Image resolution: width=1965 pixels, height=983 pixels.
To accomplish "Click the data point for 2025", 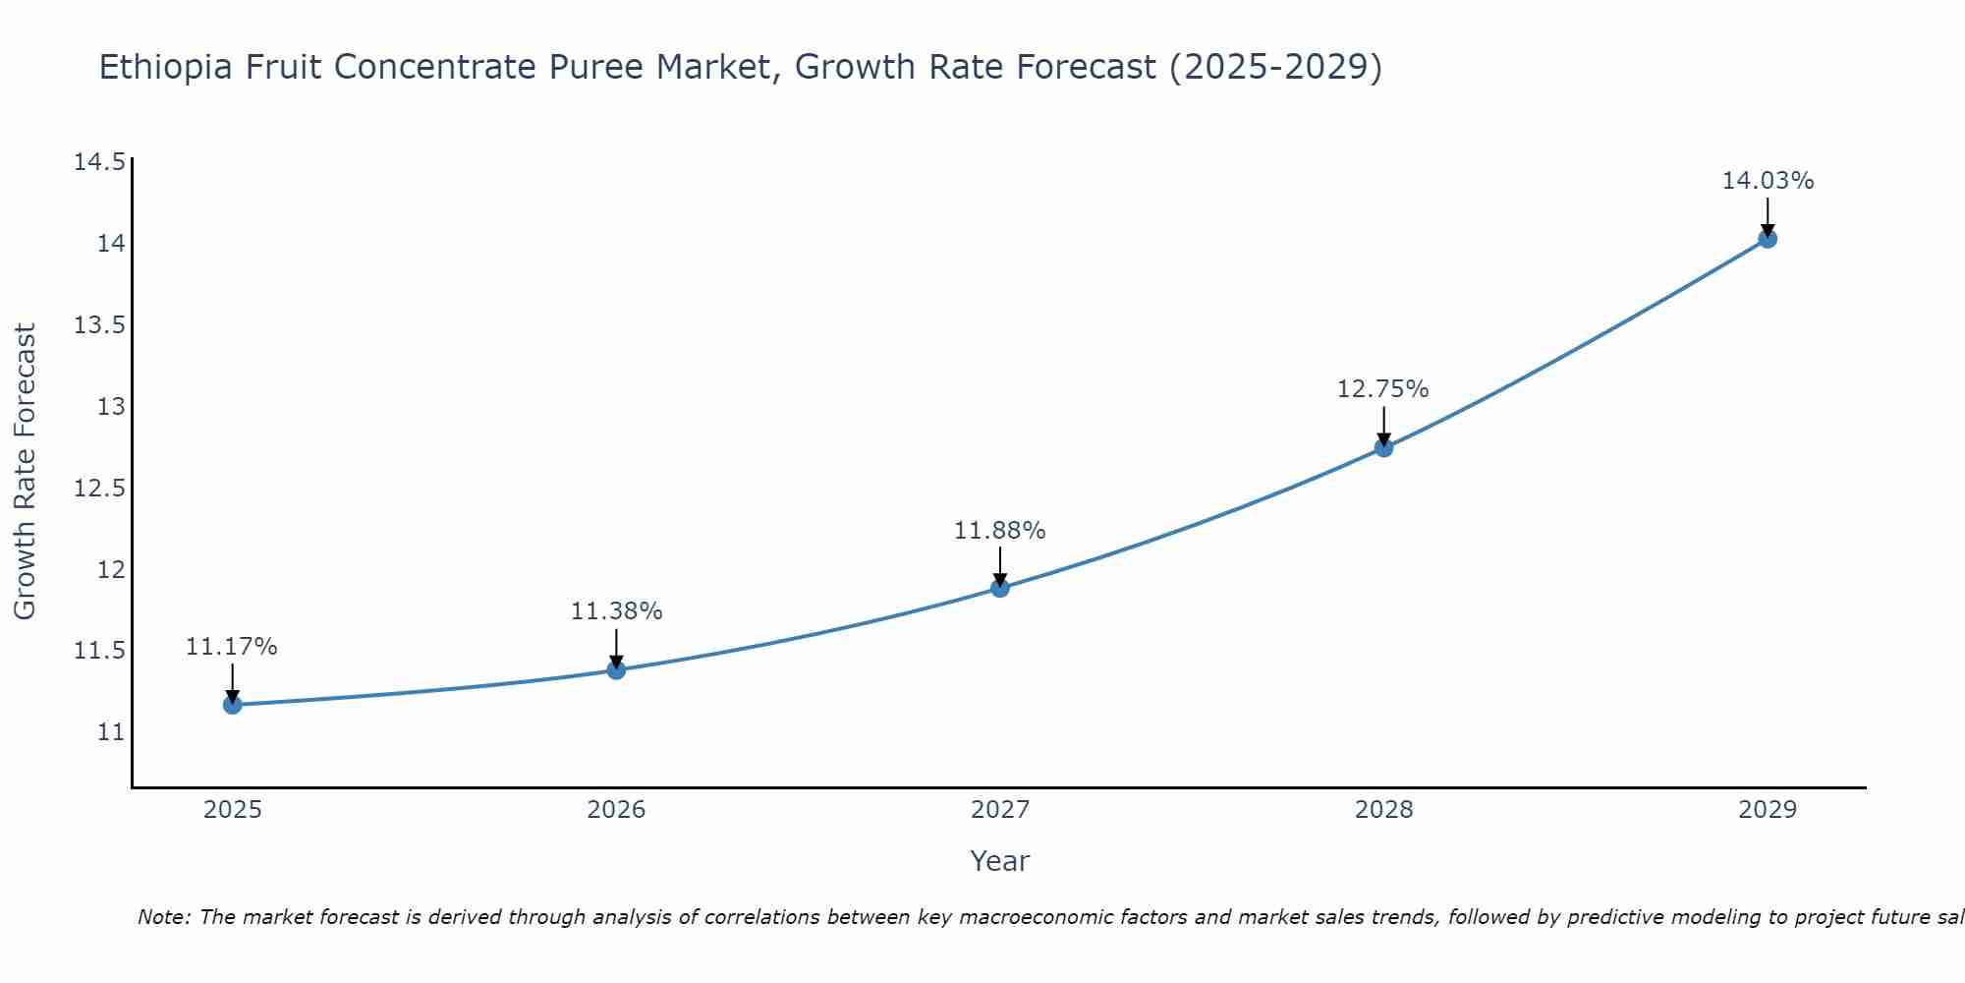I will [x=233, y=704].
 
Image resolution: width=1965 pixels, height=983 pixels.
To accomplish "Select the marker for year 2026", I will [x=616, y=669].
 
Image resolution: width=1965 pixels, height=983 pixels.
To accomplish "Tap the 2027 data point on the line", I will [x=1000, y=588].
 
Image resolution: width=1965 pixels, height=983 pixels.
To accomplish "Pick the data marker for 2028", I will [x=1383, y=447].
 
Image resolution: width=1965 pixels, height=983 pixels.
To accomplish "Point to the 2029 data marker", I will [x=1768, y=238].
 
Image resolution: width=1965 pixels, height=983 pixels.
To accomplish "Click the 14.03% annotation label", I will [x=1768, y=181].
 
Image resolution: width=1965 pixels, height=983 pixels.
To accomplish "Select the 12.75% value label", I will [x=1382, y=389].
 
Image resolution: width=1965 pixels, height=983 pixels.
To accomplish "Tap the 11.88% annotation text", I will [x=999, y=531].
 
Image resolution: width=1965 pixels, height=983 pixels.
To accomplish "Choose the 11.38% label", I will [x=616, y=611].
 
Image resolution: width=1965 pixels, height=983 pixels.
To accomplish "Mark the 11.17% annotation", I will [x=231, y=647].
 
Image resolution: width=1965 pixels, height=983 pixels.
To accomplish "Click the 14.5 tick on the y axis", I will [x=99, y=162].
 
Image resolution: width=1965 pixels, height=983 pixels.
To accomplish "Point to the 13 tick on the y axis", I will [x=111, y=406].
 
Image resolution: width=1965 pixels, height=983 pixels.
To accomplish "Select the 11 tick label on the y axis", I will [x=111, y=732].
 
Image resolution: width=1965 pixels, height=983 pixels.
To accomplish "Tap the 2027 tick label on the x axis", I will [x=1000, y=810].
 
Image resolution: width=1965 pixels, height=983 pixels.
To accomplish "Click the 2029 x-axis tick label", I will [x=1768, y=810].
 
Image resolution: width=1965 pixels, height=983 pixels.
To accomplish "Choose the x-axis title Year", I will [x=999, y=861].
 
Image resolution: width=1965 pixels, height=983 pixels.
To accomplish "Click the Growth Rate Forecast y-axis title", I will [x=25, y=472].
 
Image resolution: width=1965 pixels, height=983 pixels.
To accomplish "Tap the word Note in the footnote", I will [x=163, y=917].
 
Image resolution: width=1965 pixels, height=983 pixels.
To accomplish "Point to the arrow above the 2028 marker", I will [x=1383, y=425].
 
